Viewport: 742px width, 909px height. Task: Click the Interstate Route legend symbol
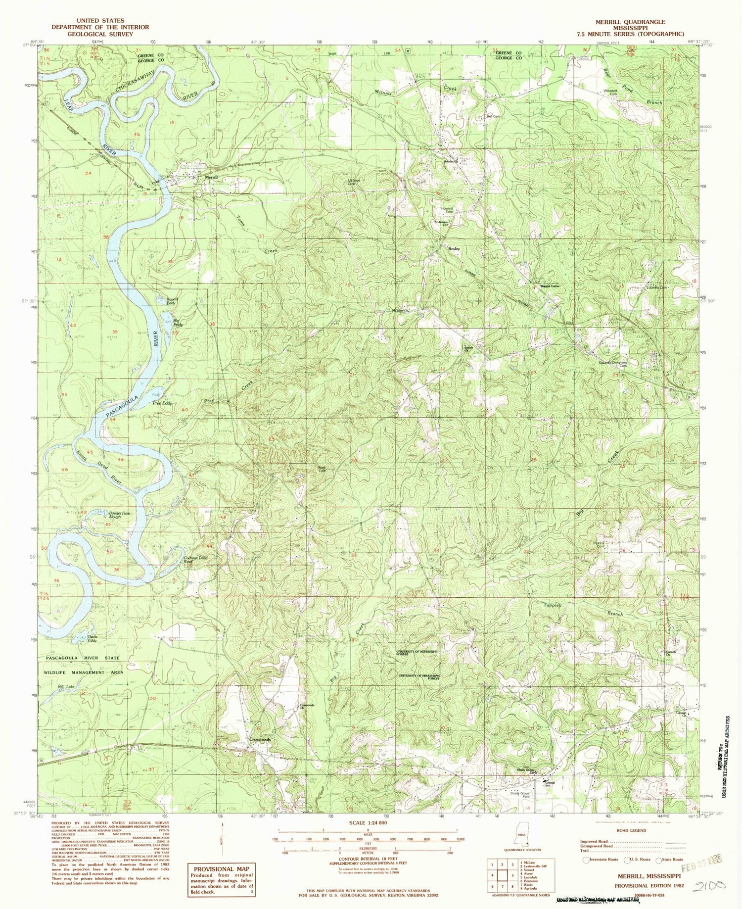tap(586, 860)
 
